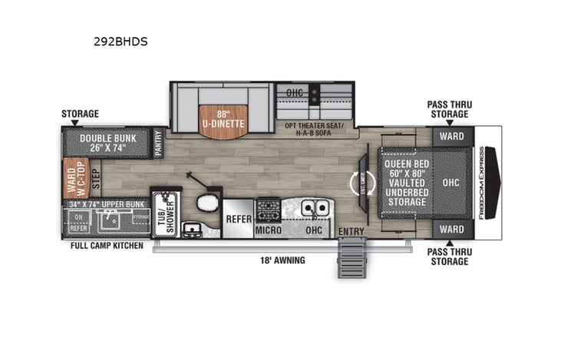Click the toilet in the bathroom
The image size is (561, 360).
click(206, 203)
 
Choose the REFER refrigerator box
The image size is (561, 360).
click(238, 219)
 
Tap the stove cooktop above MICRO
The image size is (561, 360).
click(268, 207)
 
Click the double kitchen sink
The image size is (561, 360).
click(315, 208)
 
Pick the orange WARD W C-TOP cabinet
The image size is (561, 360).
click(76, 177)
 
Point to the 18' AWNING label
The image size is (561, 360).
click(282, 260)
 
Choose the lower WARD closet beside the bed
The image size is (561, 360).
click(452, 229)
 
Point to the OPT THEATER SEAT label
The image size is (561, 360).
click(314, 124)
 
